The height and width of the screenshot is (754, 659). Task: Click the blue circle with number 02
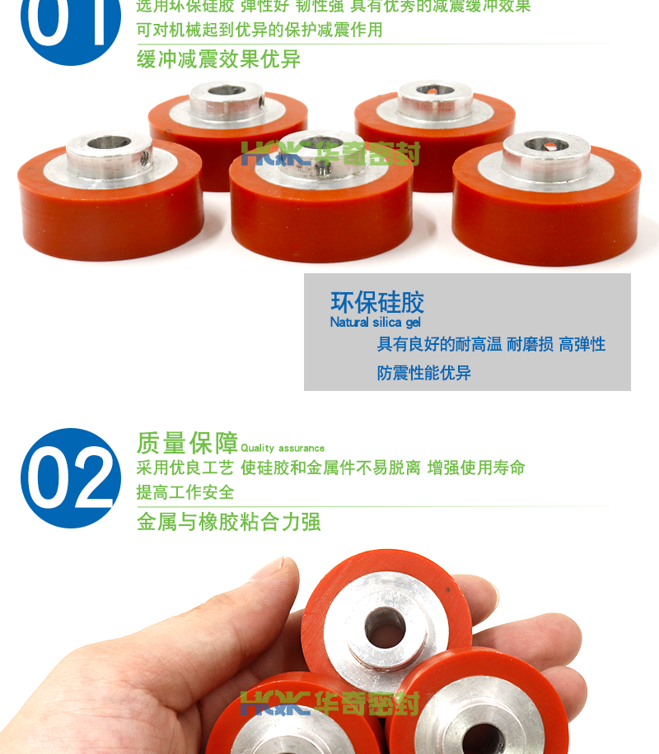(70, 477)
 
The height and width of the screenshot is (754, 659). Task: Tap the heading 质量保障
(187, 443)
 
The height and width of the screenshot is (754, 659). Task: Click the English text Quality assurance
(283, 448)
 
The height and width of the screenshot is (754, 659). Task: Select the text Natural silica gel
(375, 323)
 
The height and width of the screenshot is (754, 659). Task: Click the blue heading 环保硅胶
(376, 301)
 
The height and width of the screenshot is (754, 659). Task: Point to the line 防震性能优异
(423, 373)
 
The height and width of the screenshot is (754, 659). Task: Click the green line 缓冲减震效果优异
(217, 59)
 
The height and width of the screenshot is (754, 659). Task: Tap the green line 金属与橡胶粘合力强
(228, 522)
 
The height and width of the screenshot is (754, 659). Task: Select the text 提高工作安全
(185, 493)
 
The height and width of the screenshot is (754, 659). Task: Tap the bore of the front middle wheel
(320, 145)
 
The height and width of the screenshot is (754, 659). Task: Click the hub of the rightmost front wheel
(545, 151)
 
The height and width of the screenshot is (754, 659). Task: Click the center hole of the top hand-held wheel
(385, 627)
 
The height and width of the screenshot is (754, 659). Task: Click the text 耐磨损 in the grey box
(530, 344)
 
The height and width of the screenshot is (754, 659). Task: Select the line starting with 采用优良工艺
(329, 468)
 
